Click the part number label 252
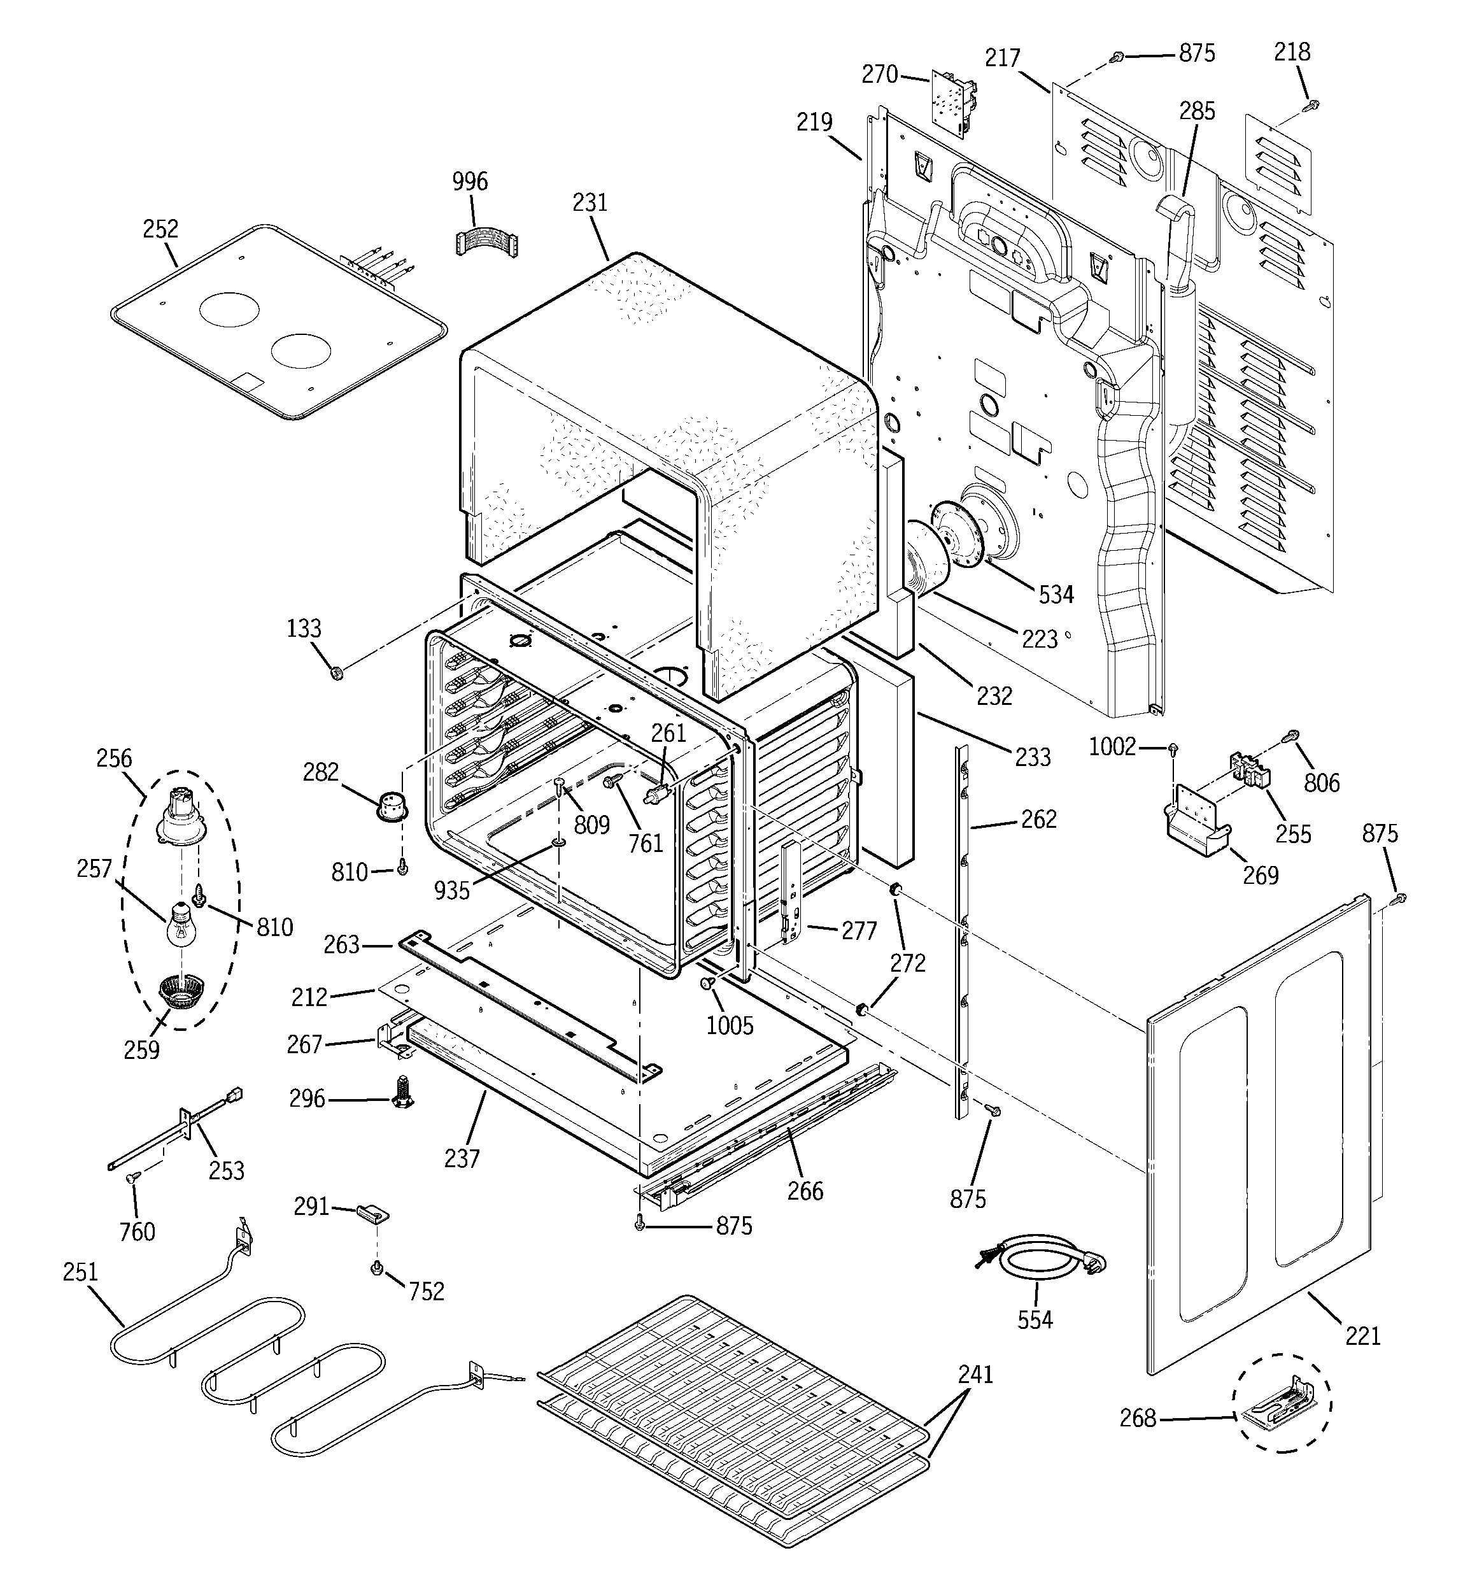(x=160, y=229)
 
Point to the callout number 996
(x=470, y=181)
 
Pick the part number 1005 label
(x=730, y=1025)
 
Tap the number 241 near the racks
(x=975, y=1374)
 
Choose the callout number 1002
(x=1112, y=747)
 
